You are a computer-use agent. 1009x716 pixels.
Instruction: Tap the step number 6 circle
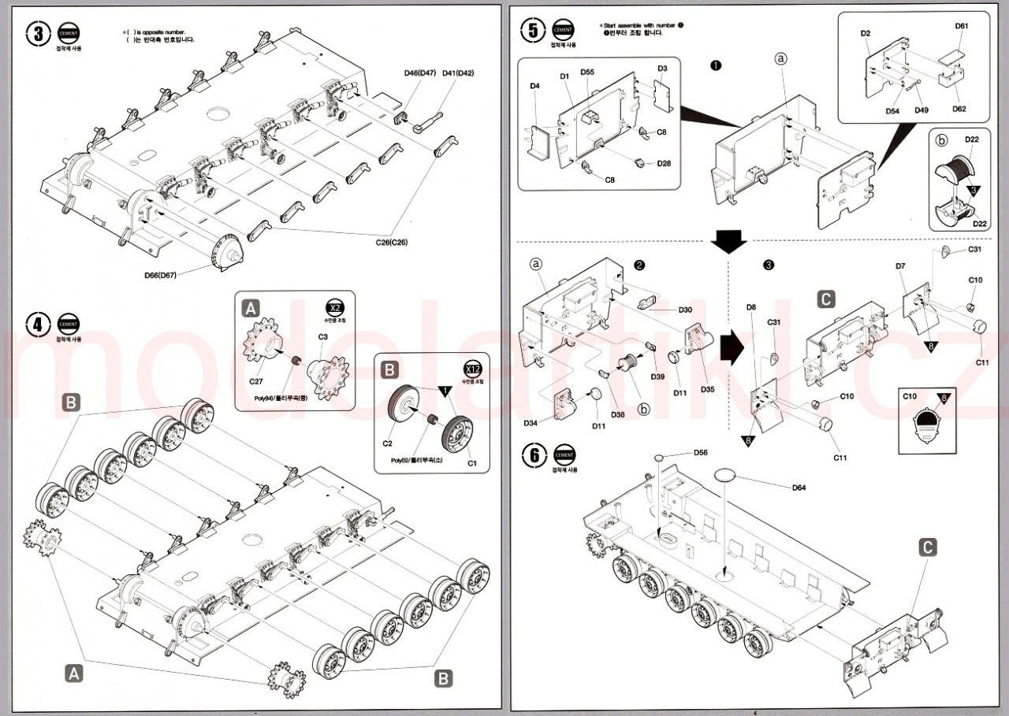tap(534, 454)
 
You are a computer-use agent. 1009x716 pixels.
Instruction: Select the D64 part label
tap(799, 488)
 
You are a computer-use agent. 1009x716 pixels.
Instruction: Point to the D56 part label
tap(700, 452)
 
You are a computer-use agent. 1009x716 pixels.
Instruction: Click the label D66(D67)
tap(161, 275)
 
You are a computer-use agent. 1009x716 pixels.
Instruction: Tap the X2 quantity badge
tap(334, 308)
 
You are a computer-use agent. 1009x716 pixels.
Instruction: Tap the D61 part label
tap(961, 26)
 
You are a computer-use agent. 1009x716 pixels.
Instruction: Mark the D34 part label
tap(530, 423)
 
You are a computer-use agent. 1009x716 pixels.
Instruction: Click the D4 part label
tap(534, 85)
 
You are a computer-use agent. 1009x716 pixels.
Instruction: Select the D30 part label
tap(684, 310)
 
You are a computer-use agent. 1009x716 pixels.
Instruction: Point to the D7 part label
tap(900, 266)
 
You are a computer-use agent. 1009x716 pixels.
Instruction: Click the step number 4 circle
tap(38, 324)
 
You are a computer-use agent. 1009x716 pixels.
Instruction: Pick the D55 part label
tap(587, 72)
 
